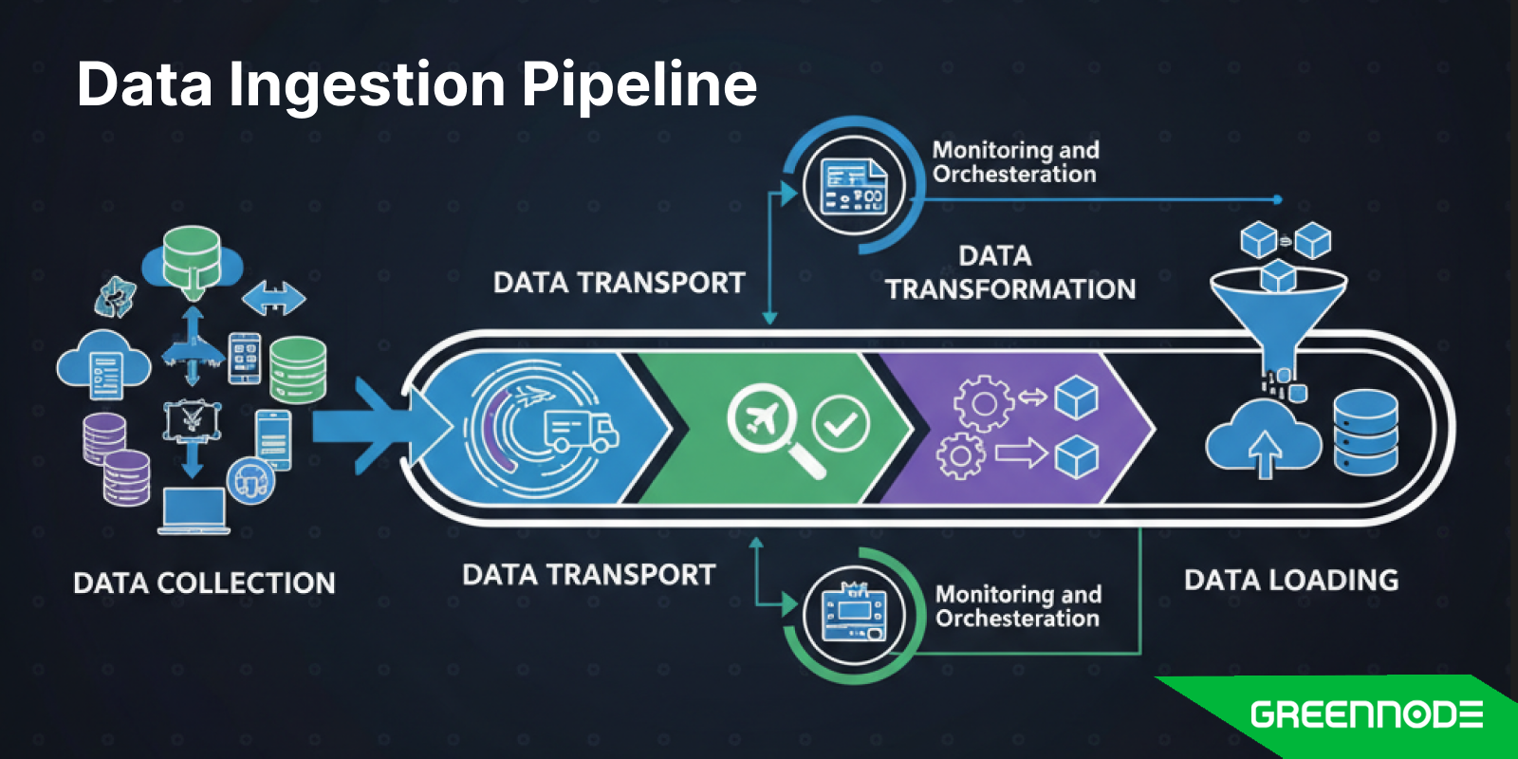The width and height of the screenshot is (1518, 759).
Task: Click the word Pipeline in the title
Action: pos(639,85)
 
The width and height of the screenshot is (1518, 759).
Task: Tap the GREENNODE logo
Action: pos(1366,714)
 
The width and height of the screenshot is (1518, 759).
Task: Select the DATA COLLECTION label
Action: pos(204,583)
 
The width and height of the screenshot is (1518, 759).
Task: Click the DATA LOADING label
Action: pos(1290,580)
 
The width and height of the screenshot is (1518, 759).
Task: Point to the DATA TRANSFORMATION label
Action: pos(1009,272)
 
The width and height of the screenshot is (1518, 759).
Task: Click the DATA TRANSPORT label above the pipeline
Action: pos(619,283)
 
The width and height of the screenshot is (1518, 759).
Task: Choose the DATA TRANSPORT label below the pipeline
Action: pos(588,575)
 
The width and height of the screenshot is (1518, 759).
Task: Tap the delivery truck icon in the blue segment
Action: pos(580,432)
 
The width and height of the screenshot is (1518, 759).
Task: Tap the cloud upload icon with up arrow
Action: pos(1263,438)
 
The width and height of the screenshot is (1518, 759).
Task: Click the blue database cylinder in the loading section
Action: pos(1365,432)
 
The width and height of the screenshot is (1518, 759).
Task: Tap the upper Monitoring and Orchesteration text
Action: pos(1015,162)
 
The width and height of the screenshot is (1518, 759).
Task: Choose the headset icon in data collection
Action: pos(250,481)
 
